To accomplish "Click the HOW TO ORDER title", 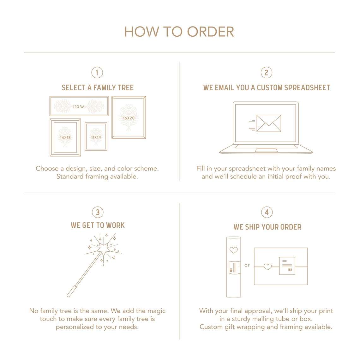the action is coord(179,32).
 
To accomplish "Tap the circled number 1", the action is coord(97,73).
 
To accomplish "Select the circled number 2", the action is coord(266,73).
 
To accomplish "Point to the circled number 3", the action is coord(98,212).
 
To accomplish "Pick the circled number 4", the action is coord(267,212).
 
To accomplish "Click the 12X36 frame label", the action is coord(79,107).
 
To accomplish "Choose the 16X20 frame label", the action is coord(129,118).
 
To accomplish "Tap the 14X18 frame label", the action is coord(65,137).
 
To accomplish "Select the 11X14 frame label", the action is coord(96,137).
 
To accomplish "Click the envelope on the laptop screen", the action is coord(269,123).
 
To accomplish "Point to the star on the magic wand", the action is coord(104,249).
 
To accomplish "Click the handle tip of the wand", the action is coord(69,296).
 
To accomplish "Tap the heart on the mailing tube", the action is coord(234,250).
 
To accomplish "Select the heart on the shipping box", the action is coord(267,267).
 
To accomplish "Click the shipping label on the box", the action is coord(287,266).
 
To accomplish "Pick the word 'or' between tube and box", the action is coord(247,265).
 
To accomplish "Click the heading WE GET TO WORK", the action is coord(98,225).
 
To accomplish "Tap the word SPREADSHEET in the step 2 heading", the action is coord(307,87).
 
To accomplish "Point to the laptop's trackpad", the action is coord(266,150).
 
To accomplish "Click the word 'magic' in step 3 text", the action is coord(156,311).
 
